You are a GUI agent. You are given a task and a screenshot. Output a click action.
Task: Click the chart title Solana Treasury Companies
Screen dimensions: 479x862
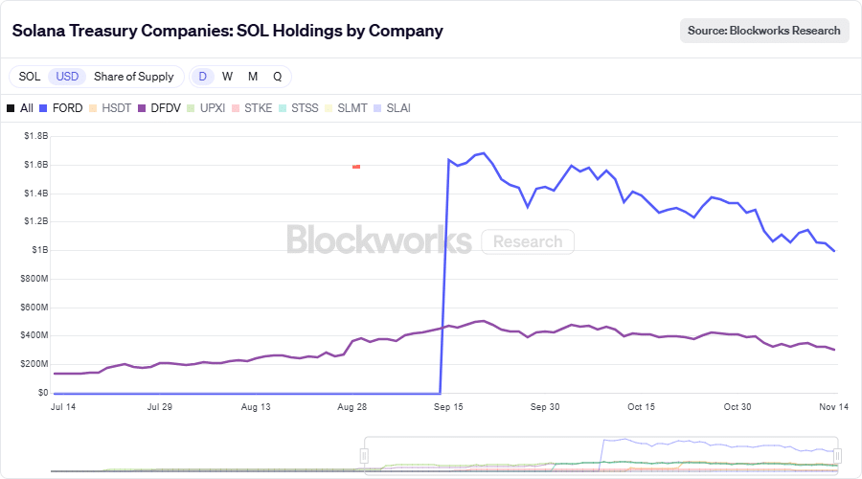click(x=227, y=31)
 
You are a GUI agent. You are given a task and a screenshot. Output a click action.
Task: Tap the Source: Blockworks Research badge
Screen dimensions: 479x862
click(x=764, y=31)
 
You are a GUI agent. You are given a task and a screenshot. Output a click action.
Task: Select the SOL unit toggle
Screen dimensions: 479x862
click(x=30, y=77)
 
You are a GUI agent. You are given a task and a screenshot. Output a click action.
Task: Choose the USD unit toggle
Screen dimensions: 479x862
click(x=67, y=77)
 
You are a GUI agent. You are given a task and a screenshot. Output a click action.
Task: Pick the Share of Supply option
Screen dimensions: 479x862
click(x=134, y=77)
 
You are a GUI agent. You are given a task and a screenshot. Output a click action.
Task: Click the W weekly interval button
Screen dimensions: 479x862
click(x=227, y=77)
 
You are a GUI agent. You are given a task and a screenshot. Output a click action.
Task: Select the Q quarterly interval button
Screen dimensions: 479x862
click(x=277, y=77)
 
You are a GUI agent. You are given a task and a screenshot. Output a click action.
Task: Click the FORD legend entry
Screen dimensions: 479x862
click(x=60, y=108)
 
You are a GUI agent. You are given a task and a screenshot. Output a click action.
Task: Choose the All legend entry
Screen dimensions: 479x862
click(x=20, y=108)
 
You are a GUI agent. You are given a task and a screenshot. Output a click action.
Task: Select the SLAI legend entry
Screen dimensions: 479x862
click(x=392, y=108)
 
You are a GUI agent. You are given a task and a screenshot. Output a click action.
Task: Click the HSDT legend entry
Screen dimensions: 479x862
click(x=110, y=108)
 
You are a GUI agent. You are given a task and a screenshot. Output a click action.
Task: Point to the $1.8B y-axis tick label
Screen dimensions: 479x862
click(x=35, y=136)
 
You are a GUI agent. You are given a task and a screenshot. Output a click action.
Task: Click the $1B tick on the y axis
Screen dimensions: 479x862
click(x=39, y=250)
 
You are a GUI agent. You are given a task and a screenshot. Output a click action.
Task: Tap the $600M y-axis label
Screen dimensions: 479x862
click(x=34, y=307)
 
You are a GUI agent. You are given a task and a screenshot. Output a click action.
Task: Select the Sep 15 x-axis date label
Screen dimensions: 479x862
click(x=449, y=407)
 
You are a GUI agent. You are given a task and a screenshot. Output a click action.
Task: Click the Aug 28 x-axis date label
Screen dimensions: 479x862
click(x=352, y=407)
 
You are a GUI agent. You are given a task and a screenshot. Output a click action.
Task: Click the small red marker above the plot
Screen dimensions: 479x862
click(x=356, y=167)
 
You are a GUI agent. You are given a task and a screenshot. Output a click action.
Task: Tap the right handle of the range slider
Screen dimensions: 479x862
click(x=837, y=455)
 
